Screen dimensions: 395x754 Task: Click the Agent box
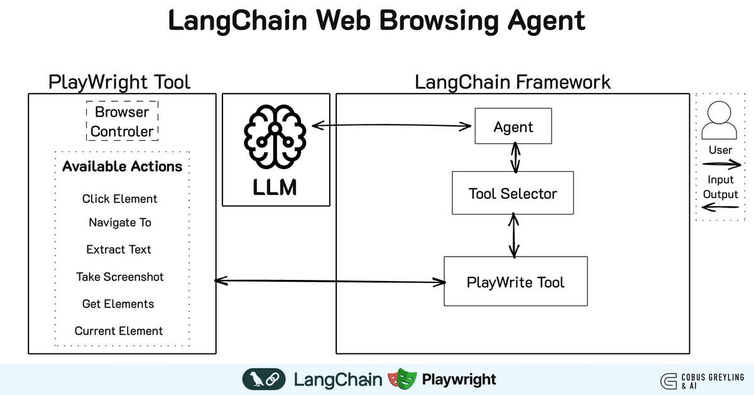[x=513, y=126]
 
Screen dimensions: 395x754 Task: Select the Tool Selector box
[x=513, y=193]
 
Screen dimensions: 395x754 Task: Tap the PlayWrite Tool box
[x=515, y=282]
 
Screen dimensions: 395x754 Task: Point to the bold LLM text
[x=275, y=187]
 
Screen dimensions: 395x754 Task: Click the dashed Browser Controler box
[x=122, y=121]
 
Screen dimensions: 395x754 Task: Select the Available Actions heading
[x=122, y=167]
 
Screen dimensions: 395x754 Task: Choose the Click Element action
[x=119, y=199]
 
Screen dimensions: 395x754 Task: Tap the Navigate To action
[x=119, y=223]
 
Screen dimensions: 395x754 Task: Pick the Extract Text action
[x=119, y=250]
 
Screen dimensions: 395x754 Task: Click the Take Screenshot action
[x=119, y=277]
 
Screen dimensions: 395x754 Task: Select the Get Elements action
[x=118, y=304]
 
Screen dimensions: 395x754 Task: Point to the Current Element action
[x=119, y=331]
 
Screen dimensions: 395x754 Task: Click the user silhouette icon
[x=719, y=121]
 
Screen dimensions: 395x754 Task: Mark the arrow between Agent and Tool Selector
[x=515, y=157]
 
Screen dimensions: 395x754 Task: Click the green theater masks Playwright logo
[x=402, y=379]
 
